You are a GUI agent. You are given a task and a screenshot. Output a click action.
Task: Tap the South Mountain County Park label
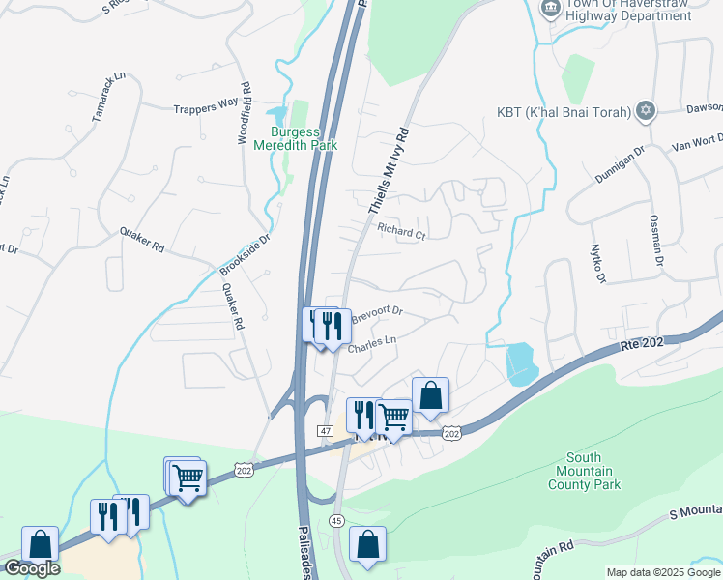tap(584, 471)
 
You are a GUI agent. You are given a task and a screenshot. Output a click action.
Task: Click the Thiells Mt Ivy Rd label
tap(390, 170)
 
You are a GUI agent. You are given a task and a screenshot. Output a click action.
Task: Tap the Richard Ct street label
tap(401, 233)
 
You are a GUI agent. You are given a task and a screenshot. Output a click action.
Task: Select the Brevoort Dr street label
tap(376, 315)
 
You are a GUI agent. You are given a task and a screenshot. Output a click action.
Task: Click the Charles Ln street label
tap(372, 343)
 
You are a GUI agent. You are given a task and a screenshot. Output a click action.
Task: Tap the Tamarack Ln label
tap(109, 97)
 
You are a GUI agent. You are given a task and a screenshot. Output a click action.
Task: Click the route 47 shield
tap(325, 429)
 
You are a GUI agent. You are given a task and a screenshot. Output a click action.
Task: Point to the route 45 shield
tap(336, 520)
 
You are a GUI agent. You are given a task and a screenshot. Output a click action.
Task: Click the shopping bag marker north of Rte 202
tap(430, 395)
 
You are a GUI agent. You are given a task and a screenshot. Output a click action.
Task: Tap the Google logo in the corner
tap(32, 568)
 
